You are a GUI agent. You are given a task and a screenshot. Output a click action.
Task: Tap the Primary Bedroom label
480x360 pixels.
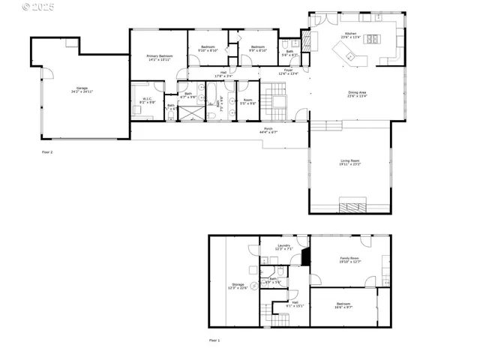159,58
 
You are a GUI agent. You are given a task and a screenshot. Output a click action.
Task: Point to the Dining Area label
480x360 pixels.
356,94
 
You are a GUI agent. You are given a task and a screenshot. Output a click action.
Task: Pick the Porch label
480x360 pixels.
268,130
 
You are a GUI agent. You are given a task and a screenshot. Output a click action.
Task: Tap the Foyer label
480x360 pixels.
288,73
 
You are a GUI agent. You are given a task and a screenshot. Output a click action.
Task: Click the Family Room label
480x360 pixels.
349,260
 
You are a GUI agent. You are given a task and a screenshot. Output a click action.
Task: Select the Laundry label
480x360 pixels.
283,247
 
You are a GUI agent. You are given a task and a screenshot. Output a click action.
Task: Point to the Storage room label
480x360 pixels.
238,286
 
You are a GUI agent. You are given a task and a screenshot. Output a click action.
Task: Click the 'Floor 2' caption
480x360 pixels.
47,151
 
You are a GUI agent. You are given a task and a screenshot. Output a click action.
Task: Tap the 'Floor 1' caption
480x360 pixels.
214,340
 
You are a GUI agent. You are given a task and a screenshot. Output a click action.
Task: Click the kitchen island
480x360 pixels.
346,52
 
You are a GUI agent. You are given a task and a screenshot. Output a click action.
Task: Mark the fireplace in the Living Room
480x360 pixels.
350,206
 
